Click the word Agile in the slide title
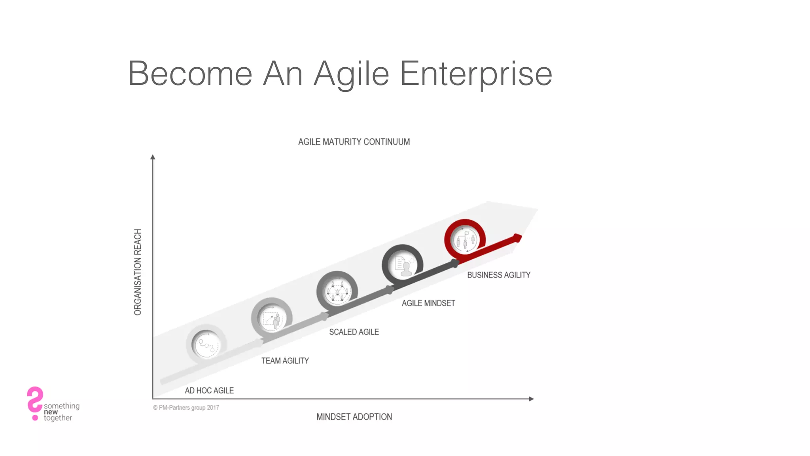tap(351, 74)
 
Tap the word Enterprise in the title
tap(476, 74)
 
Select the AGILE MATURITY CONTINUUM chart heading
tap(354, 142)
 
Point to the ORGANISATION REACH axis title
tap(138, 272)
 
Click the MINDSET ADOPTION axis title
tap(354, 417)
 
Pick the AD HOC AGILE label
tap(209, 391)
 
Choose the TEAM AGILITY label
tap(285, 361)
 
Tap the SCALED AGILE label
tap(354, 332)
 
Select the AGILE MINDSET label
tap(428, 303)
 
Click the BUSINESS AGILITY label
tap(499, 275)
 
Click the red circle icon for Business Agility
tap(465, 239)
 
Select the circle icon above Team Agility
tap(272, 318)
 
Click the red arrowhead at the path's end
tap(517, 238)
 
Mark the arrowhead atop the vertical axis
tap(153, 157)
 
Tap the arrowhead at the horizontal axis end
tap(531, 399)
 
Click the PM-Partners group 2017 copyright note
tap(186, 408)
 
